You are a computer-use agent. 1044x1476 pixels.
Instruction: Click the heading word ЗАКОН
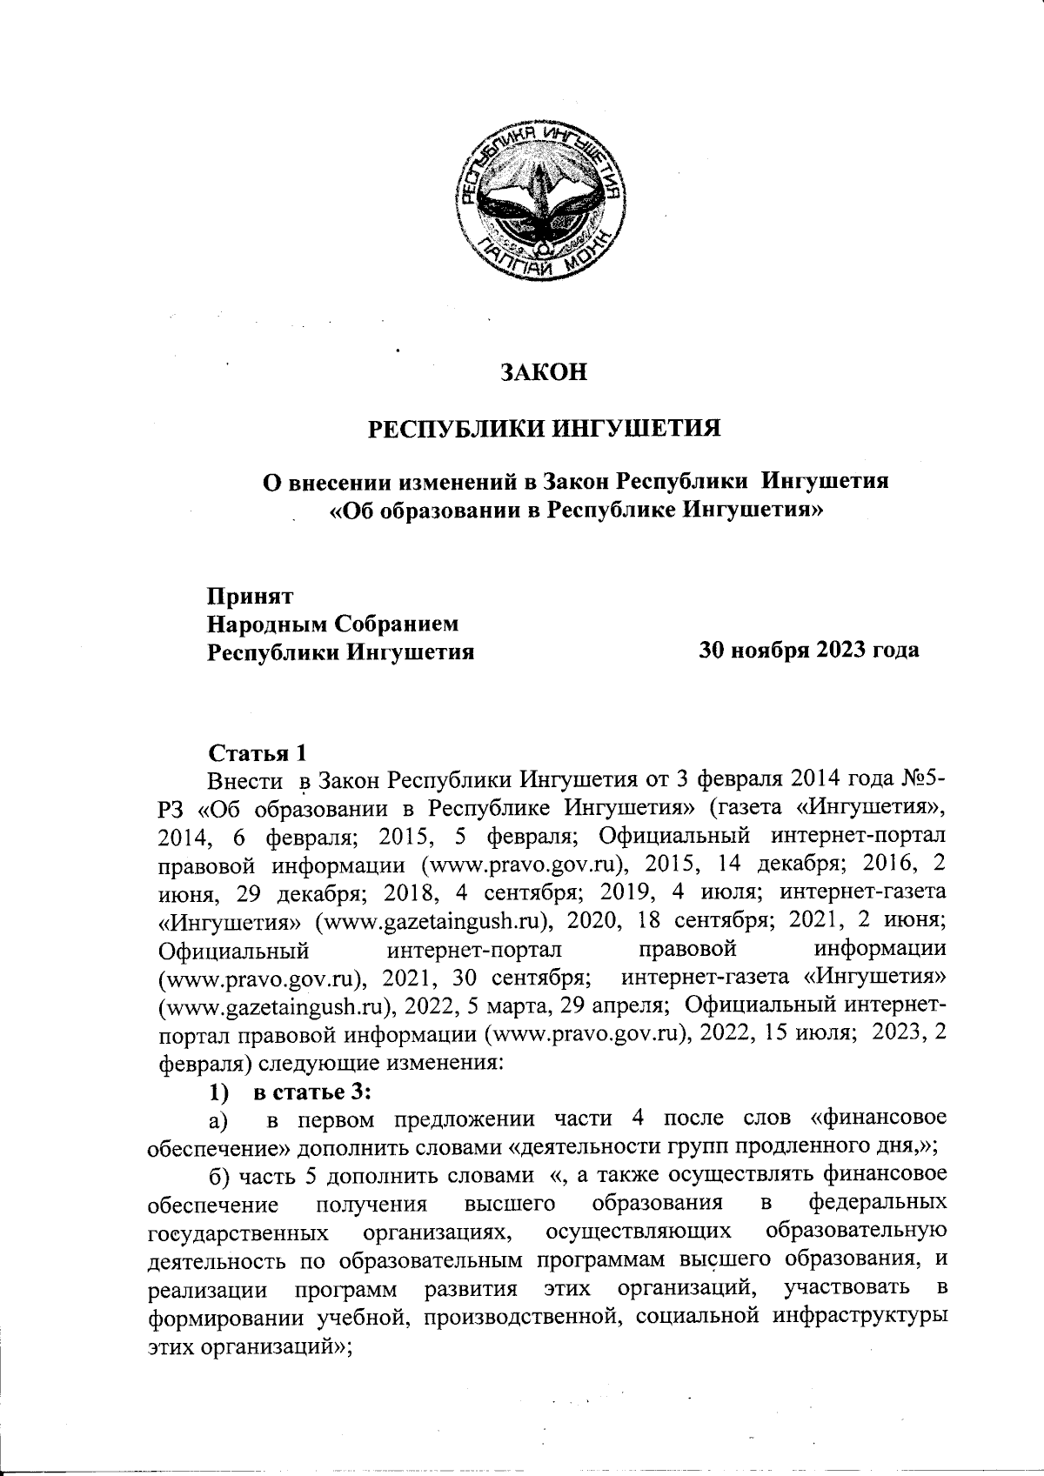(544, 372)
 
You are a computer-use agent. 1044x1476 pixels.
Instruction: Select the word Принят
(249, 597)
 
